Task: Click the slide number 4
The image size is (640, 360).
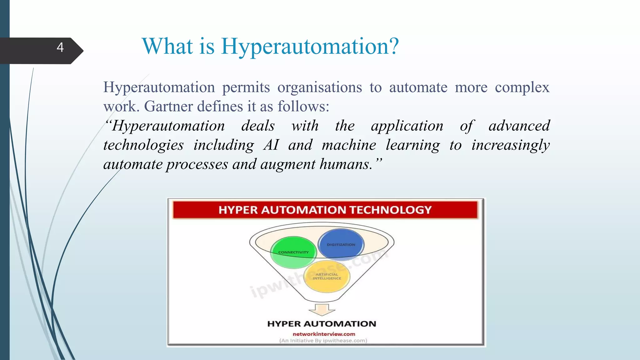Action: coord(60,47)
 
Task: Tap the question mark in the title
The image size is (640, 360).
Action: coord(393,46)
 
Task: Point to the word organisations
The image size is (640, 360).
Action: coord(319,87)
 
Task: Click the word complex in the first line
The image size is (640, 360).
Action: coord(522,87)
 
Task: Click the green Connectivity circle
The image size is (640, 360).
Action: coord(293,252)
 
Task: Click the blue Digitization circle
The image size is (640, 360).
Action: coord(341,245)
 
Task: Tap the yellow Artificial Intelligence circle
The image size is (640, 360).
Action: coord(327,277)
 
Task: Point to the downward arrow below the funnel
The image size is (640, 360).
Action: coord(322,309)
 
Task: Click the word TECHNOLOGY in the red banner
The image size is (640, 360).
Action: coord(390,210)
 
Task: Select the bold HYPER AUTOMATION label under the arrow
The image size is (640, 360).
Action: coord(322,324)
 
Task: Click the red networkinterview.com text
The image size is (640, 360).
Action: coord(324,334)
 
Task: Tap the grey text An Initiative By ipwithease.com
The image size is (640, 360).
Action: coord(323,341)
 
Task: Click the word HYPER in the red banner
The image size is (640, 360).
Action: coord(238,210)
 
